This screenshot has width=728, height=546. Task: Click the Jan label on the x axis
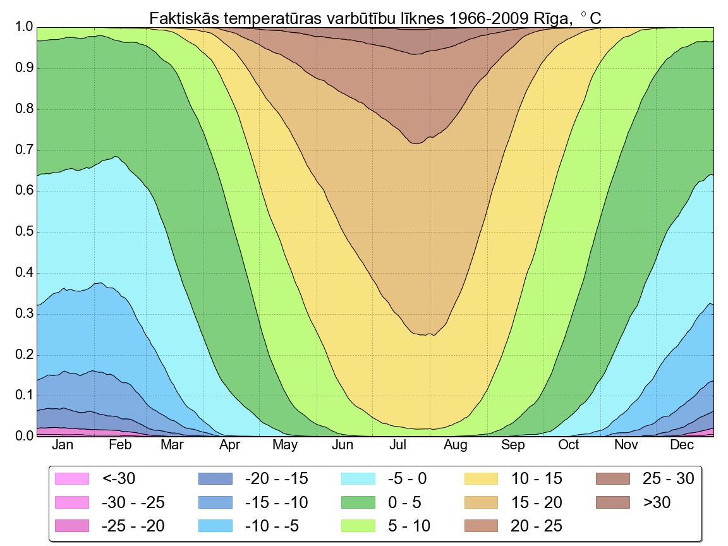coord(63,446)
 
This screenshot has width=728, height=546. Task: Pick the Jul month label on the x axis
coord(398,446)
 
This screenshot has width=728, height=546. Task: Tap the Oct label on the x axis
coord(568,446)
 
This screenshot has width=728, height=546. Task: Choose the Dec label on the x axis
coord(682,446)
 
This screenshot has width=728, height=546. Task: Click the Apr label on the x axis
coord(230,446)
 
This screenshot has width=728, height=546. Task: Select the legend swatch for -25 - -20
coord(73,526)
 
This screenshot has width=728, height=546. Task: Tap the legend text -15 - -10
coord(276,502)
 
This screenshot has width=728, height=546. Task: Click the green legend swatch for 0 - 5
coord(359,502)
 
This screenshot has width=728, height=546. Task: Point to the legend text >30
coord(657,502)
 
